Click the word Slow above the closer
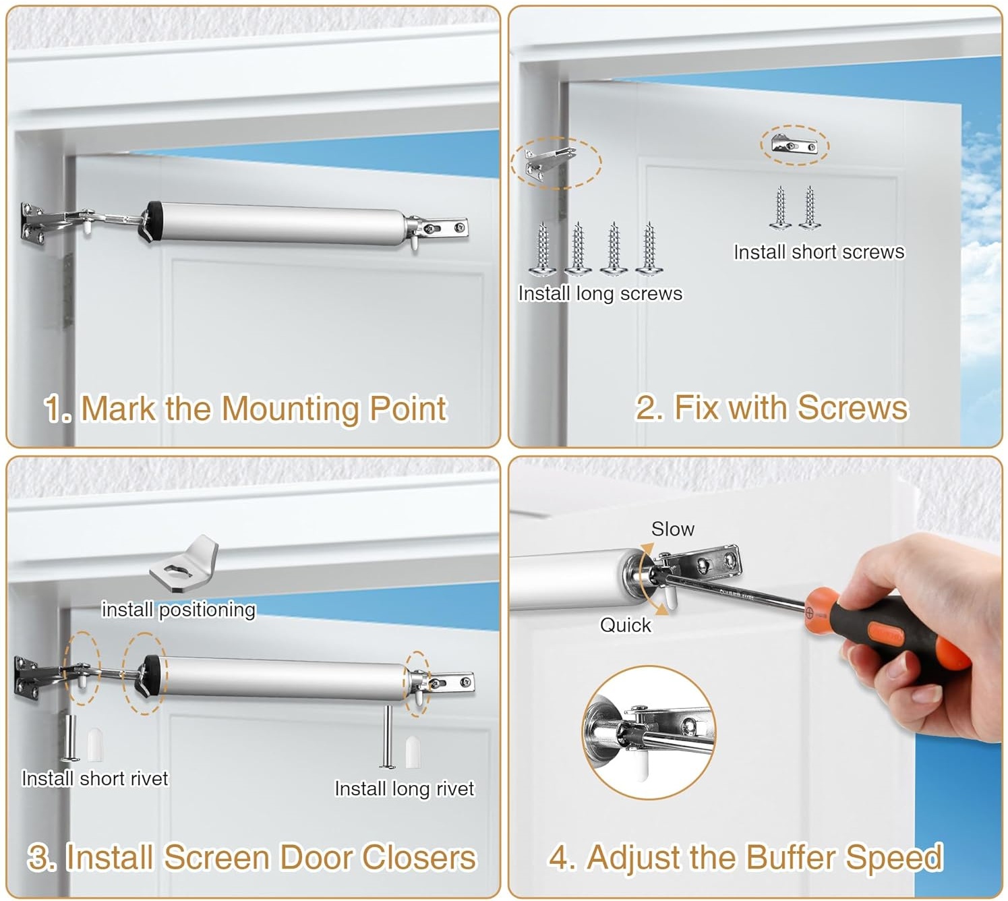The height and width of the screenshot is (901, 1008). point(673,529)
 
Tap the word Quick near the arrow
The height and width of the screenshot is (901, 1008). point(626,625)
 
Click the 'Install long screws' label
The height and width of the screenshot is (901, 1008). point(600,293)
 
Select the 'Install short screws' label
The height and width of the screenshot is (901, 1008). point(819,252)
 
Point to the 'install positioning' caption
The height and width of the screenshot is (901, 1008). point(179,610)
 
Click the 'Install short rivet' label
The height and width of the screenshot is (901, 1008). point(94,778)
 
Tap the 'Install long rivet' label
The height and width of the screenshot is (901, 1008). point(404,789)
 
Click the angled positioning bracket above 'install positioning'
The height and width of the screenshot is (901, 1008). point(184,564)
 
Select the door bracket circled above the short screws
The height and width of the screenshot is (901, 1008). point(794,145)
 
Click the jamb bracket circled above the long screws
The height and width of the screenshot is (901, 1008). point(550,163)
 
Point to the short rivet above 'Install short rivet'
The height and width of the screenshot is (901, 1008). point(70,738)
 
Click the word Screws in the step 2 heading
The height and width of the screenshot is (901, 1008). point(853,408)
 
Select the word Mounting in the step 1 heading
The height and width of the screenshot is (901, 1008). point(291,409)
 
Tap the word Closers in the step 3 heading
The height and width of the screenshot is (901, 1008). point(419,857)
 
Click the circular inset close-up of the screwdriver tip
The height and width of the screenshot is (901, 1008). point(649,733)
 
